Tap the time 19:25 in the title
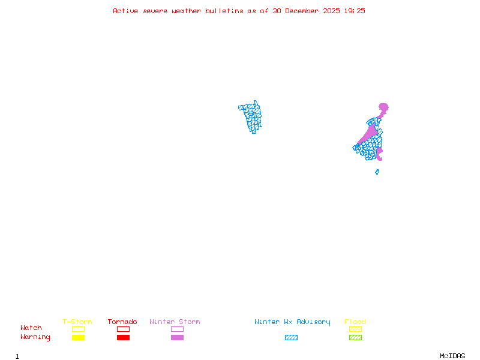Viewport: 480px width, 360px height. click(x=353, y=11)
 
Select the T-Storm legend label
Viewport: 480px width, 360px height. click(x=77, y=322)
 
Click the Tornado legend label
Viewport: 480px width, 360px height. click(x=122, y=322)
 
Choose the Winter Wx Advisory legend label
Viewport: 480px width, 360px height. click(x=292, y=322)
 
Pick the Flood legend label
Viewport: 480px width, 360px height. click(x=355, y=322)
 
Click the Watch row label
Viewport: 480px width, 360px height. click(x=31, y=328)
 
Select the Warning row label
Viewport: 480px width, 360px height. click(x=35, y=337)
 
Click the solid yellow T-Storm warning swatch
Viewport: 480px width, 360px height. click(x=78, y=338)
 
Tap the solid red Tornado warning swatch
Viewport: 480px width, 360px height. click(x=123, y=338)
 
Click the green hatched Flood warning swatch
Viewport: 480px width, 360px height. click(x=355, y=338)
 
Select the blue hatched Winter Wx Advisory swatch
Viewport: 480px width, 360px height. click(x=291, y=338)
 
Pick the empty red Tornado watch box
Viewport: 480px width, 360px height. click(x=123, y=329)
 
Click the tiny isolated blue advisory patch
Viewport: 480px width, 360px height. click(x=377, y=172)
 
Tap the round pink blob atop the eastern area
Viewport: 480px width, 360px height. click(x=383, y=107)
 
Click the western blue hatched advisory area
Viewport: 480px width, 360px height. click(x=252, y=116)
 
